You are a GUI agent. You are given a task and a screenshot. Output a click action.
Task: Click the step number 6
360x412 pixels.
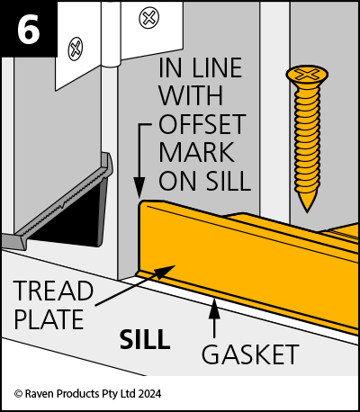[29, 28]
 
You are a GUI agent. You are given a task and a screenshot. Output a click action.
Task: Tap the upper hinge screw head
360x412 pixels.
[148, 18]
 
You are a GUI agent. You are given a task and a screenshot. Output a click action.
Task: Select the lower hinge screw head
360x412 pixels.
[76, 49]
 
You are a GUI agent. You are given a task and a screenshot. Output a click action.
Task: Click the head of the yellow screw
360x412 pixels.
[307, 76]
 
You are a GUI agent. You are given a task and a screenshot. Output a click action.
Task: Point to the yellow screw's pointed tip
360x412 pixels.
[307, 210]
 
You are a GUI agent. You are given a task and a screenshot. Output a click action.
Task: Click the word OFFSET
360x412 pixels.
[202, 124]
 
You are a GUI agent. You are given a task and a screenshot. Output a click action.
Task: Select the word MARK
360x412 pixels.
[196, 152]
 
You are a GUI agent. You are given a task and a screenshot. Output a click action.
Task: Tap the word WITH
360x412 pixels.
[191, 96]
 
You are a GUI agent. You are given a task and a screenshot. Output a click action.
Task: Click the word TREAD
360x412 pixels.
[53, 291]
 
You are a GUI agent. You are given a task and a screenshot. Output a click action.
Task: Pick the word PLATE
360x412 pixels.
[49, 319]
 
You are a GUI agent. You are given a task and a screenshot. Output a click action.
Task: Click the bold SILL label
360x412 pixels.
[145, 339]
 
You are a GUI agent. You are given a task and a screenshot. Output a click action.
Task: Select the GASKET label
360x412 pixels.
[250, 354]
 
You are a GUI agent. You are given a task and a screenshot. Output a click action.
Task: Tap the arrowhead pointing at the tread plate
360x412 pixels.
[166, 271]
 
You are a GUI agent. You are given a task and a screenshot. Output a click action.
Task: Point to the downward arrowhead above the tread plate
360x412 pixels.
[139, 188]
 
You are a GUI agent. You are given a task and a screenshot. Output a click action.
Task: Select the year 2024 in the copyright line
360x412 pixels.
[148, 393]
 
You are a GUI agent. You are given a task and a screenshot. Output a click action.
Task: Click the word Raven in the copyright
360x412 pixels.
[40, 393]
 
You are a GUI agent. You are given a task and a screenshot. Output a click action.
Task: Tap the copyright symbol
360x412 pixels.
[18, 394]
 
